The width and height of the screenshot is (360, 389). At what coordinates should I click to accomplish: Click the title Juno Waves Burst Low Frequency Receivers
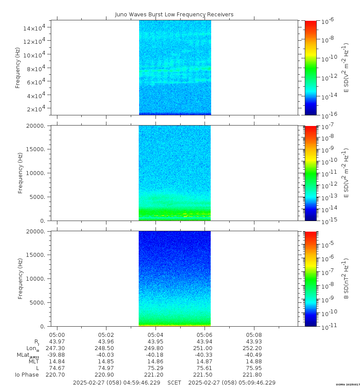[x=174, y=15]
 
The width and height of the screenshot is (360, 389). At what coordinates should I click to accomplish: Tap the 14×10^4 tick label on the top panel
[x=35, y=28]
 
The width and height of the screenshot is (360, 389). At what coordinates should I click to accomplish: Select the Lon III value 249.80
[x=155, y=348]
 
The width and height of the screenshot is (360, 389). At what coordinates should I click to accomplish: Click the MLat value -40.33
[x=205, y=355]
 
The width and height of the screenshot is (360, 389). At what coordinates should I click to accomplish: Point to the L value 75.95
[x=254, y=368]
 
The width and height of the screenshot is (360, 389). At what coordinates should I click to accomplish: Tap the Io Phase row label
[x=27, y=375]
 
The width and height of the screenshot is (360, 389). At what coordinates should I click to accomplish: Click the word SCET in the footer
[x=174, y=382]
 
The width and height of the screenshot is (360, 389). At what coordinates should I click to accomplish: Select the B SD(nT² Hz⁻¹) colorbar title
[x=347, y=278]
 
